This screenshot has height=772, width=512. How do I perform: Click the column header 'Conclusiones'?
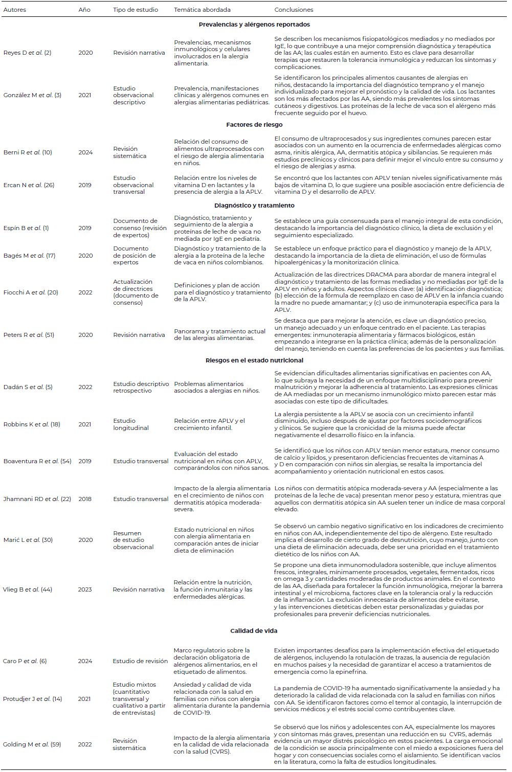tap(294, 10)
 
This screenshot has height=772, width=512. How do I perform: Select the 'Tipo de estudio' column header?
tap(136, 10)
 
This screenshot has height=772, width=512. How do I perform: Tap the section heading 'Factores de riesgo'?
tap(254, 125)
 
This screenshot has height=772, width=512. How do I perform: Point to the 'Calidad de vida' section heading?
tap(254, 631)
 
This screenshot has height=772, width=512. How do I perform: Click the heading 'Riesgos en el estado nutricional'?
tap(254, 360)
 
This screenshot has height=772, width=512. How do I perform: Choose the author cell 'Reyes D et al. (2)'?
tap(27, 53)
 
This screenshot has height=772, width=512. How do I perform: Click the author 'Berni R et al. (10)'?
tap(28, 152)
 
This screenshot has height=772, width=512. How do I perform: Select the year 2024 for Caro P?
tap(85, 661)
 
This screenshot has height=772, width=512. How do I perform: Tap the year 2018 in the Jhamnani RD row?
tap(85, 499)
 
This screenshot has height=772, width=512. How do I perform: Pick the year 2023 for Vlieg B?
tap(85, 589)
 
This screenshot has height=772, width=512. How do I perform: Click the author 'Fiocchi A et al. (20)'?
tap(31, 292)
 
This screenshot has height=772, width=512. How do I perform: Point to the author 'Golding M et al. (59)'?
tap(32, 744)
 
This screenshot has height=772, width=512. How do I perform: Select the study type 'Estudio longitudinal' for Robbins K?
tap(131, 424)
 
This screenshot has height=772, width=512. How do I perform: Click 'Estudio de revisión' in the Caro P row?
tap(140, 661)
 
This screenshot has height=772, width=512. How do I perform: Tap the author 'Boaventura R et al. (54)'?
tap(37, 461)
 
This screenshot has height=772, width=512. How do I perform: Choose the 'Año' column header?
tap(84, 10)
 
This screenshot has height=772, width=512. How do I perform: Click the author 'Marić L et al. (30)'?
tap(28, 540)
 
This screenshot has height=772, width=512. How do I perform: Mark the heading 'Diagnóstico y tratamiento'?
tap(254, 206)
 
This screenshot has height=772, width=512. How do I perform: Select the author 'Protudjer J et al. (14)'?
tap(32, 699)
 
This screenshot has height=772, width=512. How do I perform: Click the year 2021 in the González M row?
tap(85, 95)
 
